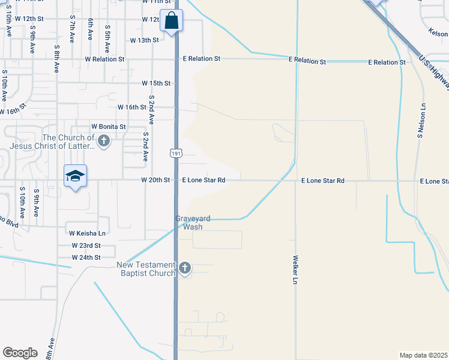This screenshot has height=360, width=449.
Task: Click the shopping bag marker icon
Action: [x=172, y=21]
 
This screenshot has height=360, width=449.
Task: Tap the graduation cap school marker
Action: [x=76, y=176]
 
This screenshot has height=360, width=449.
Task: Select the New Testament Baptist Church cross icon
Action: [x=185, y=268]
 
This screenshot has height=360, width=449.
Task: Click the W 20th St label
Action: [x=155, y=180]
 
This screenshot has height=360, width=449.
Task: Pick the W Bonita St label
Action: [x=108, y=127]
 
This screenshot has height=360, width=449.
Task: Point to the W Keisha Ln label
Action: [x=88, y=233]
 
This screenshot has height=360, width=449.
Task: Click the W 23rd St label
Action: [x=86, y=245]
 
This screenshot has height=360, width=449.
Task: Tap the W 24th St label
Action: [x=86, y=257]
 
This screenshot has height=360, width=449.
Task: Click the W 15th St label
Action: [x=156, y=83]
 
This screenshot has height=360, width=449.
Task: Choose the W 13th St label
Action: [x=144, y=40]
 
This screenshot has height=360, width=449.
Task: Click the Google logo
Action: [x=20, y=353]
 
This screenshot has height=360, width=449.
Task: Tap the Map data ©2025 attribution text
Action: [x=423, y=355]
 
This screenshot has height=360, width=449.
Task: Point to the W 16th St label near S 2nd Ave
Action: [x=131, y=107]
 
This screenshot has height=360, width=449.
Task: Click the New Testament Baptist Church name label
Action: [x=146, y=269]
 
